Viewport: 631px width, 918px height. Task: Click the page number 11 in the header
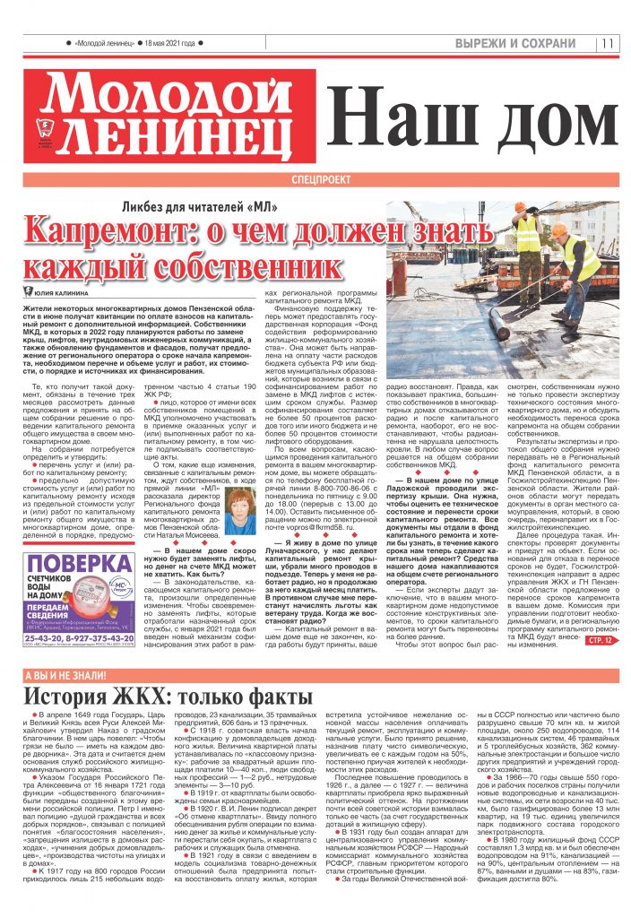click(608, 43)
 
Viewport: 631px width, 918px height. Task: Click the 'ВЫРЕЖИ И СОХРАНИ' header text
click(514, 43)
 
